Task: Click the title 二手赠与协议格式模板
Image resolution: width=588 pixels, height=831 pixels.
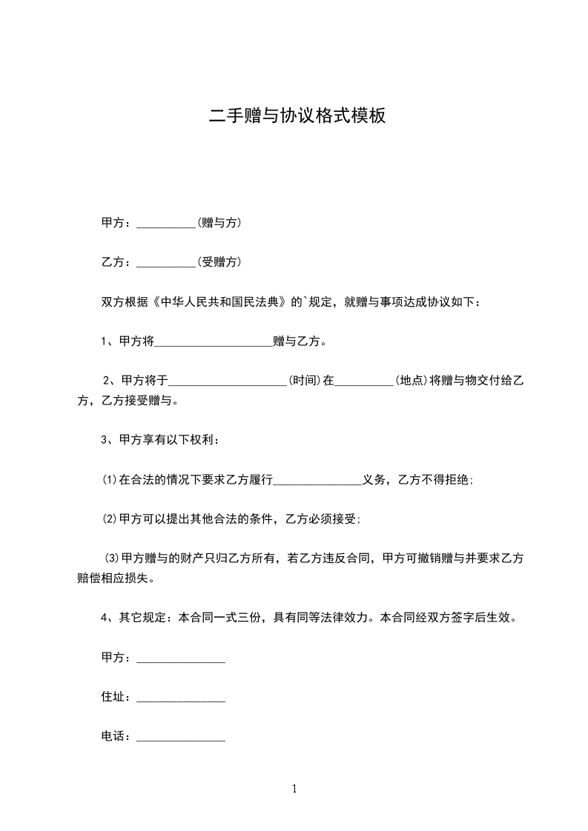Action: click(x=297, y=116)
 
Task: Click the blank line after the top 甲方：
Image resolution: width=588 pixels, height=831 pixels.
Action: click(x=165, y=224)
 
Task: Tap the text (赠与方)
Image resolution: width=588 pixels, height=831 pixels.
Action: click(x=219, y=222)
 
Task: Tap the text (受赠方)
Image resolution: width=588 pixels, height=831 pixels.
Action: click(x=219, y=261)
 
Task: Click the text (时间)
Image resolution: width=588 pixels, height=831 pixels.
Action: click(x=305, y=381)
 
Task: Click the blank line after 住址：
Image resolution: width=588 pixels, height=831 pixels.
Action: click(x=181, y=700)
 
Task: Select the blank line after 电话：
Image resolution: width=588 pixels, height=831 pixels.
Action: click(x=181, y=739)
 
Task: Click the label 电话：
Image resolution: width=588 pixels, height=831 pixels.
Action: click(x=116, y=737)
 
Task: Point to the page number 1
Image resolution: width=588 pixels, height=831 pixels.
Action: click(x=294, y=789)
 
